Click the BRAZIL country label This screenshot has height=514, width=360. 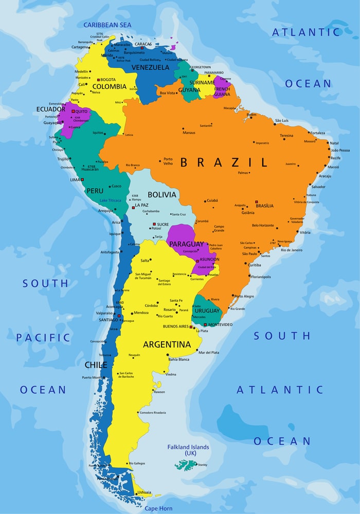coord(224,163)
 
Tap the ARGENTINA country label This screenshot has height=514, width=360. coord(167,344)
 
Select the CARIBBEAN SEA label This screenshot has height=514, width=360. coord(107,25)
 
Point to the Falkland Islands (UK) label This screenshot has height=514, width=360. coord(188,450)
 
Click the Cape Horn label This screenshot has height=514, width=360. coord(158,508)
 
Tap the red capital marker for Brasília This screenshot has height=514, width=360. coord(256,202)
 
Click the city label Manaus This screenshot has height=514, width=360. coord(189,133)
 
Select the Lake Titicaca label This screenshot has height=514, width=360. coord(111,200)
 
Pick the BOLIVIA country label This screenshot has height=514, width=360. coord(161,195)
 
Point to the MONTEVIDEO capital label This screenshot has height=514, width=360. coord(220,325)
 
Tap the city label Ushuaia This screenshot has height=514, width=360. coord(145,492)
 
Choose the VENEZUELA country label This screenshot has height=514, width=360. coord(150,68)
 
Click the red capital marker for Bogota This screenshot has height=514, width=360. coord(98,80)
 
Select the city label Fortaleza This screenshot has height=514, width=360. coord(317,133)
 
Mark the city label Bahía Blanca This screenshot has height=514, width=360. coord(178,359)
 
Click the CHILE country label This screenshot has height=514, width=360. coord(96,365)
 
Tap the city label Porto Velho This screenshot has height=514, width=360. coord(168,161)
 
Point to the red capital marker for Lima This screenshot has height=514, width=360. coord(82,179)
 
